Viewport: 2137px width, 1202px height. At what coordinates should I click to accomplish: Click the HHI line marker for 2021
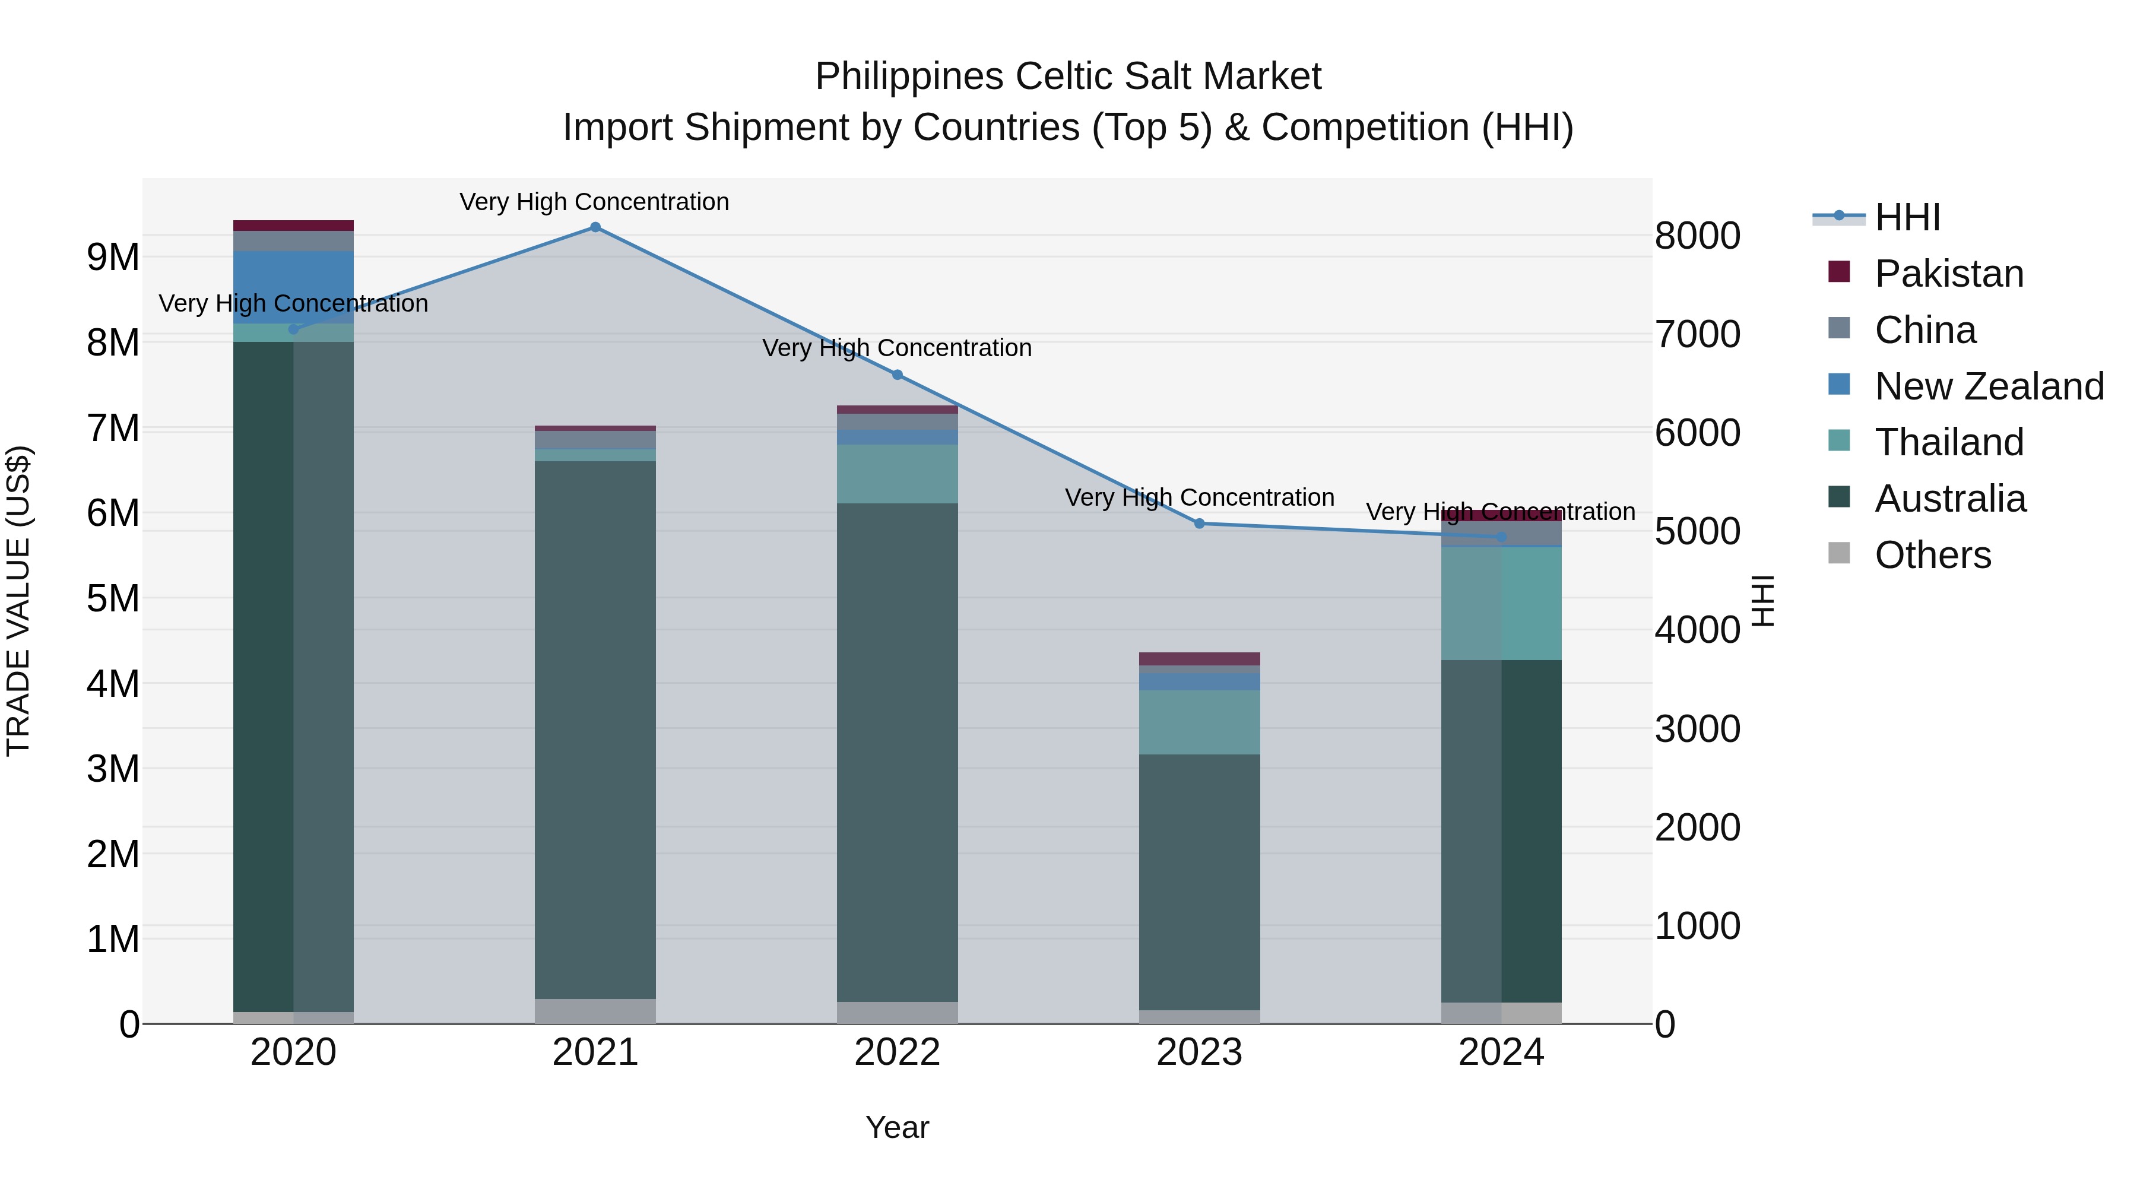(595, 227)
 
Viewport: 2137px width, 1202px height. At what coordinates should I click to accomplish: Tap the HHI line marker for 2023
(1200, 524)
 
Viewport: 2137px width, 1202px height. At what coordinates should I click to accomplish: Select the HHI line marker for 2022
(897, 375)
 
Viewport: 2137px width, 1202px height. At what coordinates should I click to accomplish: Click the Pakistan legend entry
(1949, 274)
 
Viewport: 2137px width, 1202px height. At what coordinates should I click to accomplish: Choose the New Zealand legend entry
(1989, 386)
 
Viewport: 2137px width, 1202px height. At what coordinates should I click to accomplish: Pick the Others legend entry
(1932, 555)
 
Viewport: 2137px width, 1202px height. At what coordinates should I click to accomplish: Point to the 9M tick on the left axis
(113, 257)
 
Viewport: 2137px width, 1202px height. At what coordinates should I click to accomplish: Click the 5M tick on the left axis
(113, 598)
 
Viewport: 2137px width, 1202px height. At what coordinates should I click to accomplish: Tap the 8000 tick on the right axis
(1697, 236)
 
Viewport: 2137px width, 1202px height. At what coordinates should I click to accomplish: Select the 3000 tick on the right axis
(1697, 729)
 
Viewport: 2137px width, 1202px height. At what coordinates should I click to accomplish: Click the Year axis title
(897, 1127)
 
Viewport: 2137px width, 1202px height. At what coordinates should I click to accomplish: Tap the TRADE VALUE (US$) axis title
(18, 601)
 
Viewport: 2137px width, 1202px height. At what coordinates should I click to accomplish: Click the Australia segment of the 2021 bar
(595, 730)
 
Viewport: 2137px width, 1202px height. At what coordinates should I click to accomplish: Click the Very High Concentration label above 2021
(594, 202)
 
